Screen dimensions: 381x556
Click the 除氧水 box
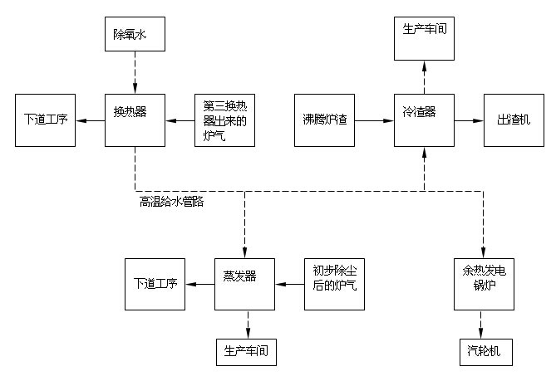(135, 37)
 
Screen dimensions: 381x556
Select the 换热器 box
(135, 120)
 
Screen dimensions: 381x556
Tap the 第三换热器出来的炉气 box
(224, 120)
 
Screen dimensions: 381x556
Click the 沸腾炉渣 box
(325, 120)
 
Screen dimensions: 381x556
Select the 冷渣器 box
(425, 120)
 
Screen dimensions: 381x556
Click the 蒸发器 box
(246, 284)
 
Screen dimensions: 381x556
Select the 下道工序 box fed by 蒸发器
(155, 284)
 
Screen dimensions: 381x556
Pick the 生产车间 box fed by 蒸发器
(246, 352)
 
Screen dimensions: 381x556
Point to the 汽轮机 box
(482, 352)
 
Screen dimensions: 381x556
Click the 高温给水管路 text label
(173, 201)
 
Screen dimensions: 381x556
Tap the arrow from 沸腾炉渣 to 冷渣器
(375, 120)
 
